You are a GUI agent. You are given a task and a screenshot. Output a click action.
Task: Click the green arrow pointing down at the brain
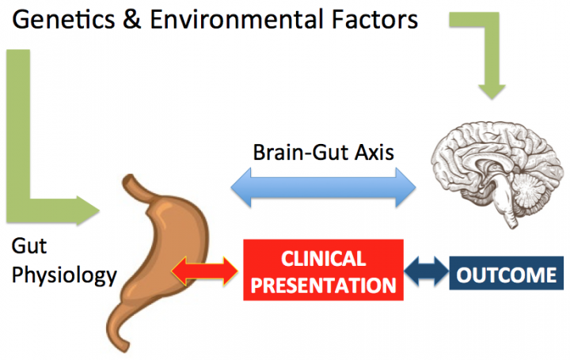492,79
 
